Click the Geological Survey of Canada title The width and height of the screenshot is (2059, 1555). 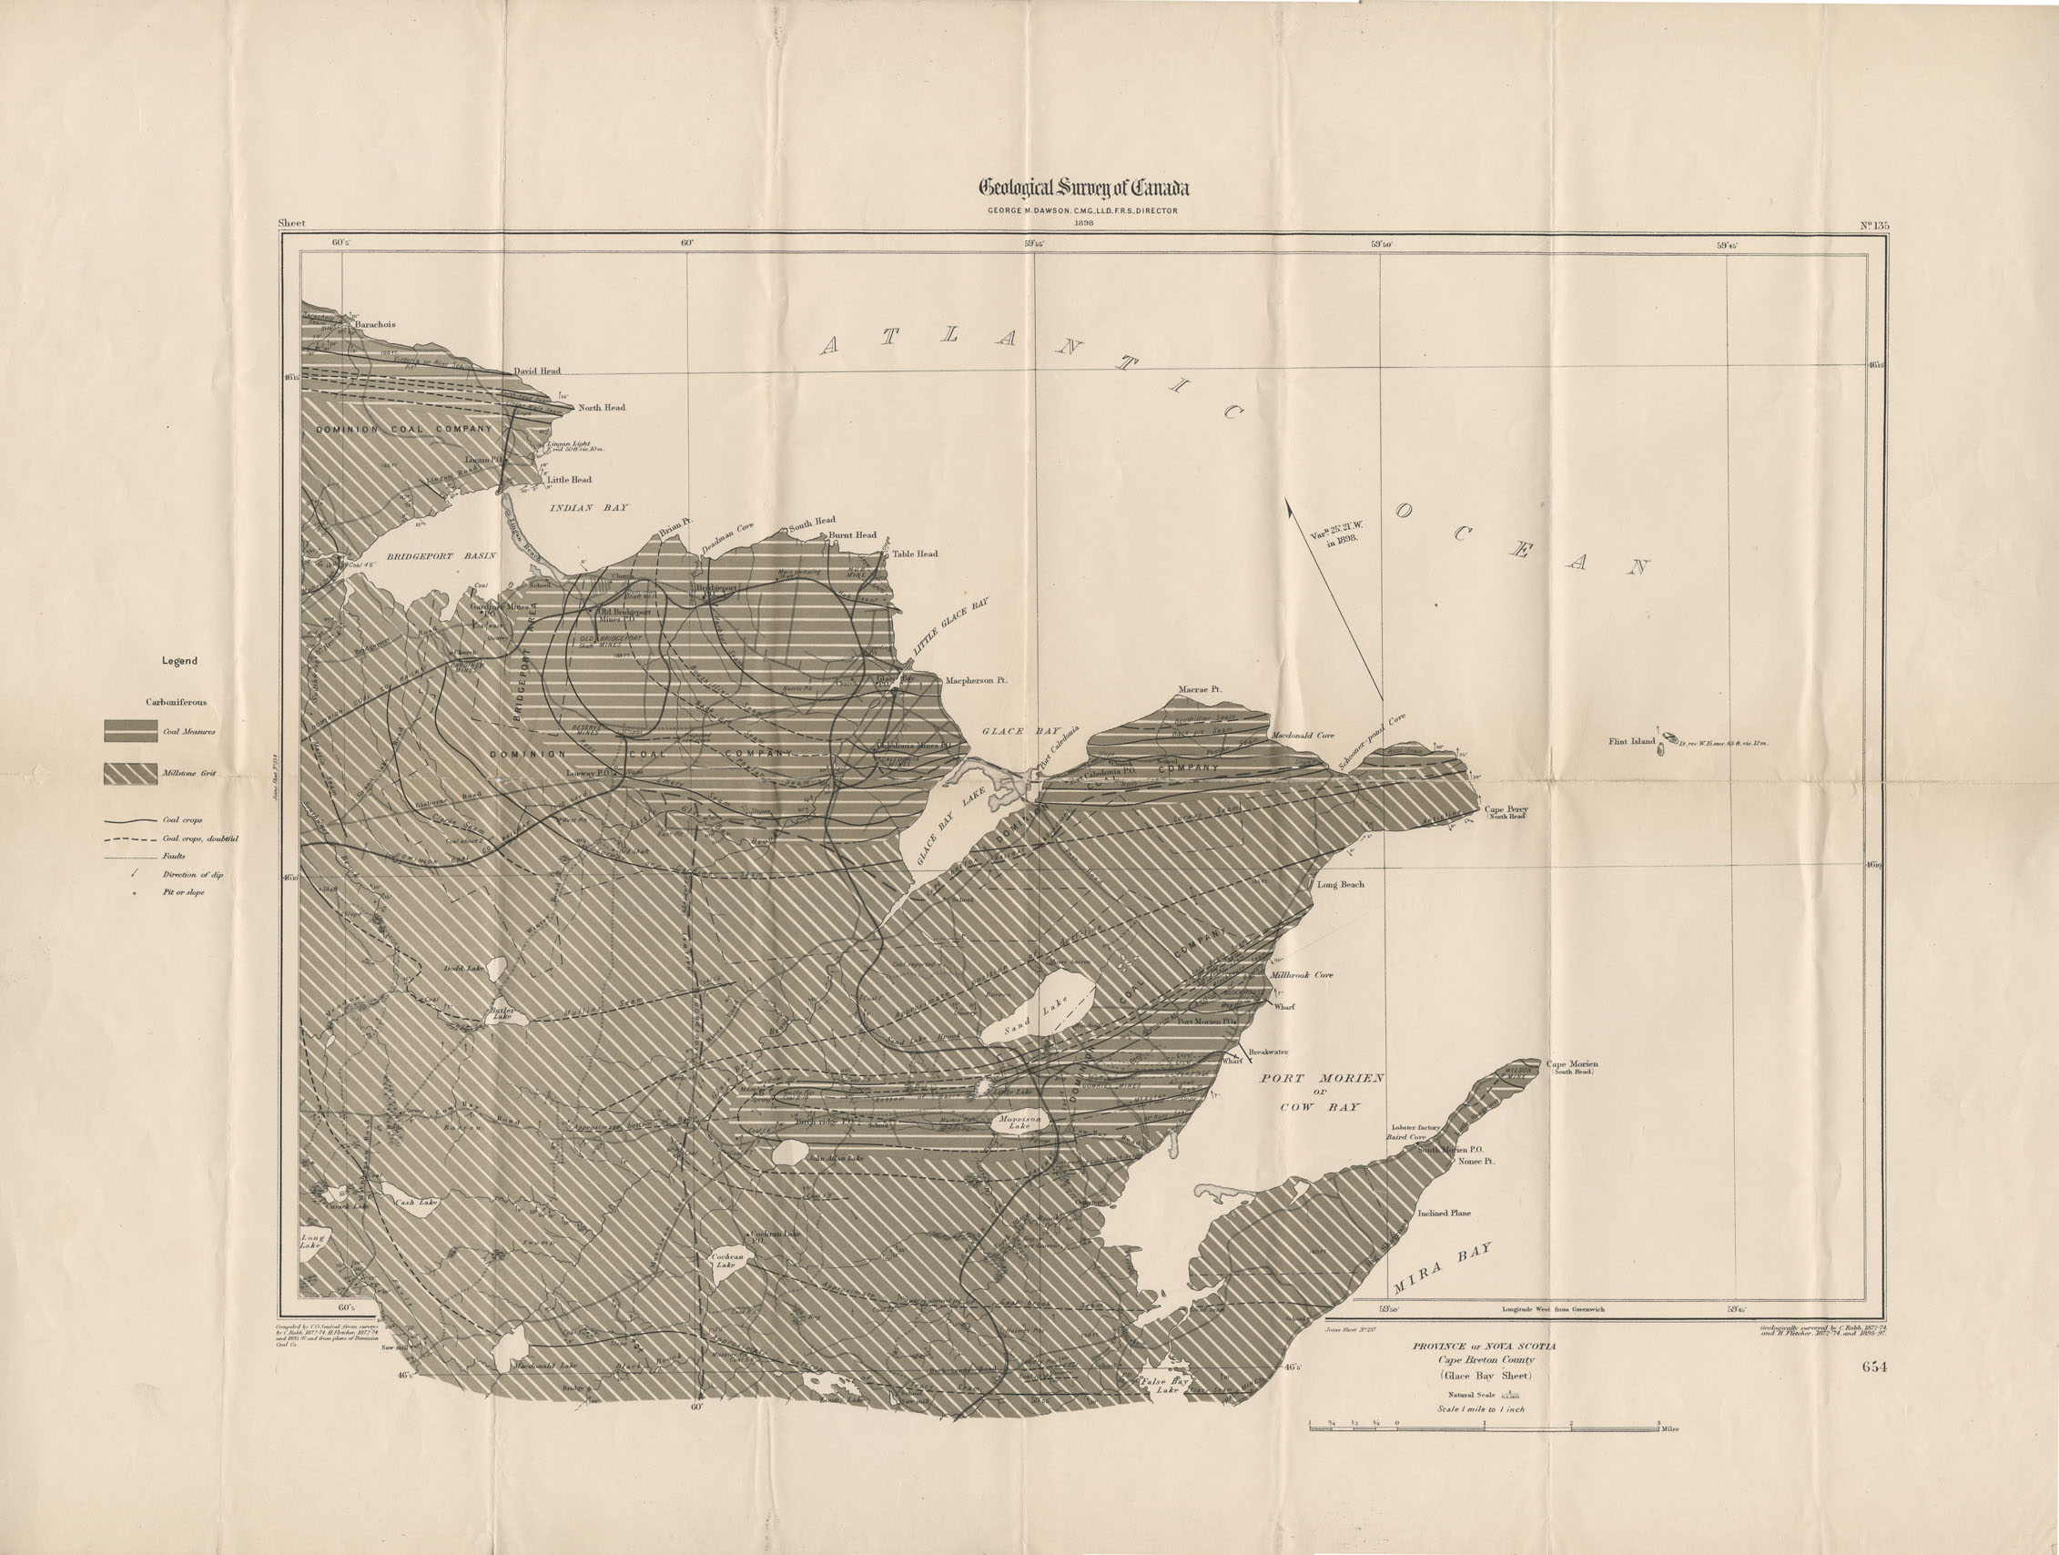click(1083, 188)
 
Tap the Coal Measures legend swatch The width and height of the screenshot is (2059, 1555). click(129, 731)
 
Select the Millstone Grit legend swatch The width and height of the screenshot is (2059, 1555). click(129, 773)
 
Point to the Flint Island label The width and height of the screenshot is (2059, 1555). click(1632, 741)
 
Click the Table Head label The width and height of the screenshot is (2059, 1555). click(914, 554)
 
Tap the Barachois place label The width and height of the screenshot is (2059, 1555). click(375, 325)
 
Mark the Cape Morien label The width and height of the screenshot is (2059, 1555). click(1572, 1064)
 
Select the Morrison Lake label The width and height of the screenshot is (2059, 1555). click(1019, 1121)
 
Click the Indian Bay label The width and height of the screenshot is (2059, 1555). click(588, 508)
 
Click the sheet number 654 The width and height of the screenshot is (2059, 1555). click(1874, 1367)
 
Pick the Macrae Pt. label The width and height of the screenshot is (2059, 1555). click(1199, 690)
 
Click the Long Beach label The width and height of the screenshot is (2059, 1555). click(1340, 884)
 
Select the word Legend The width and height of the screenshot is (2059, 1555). click(179, 661)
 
